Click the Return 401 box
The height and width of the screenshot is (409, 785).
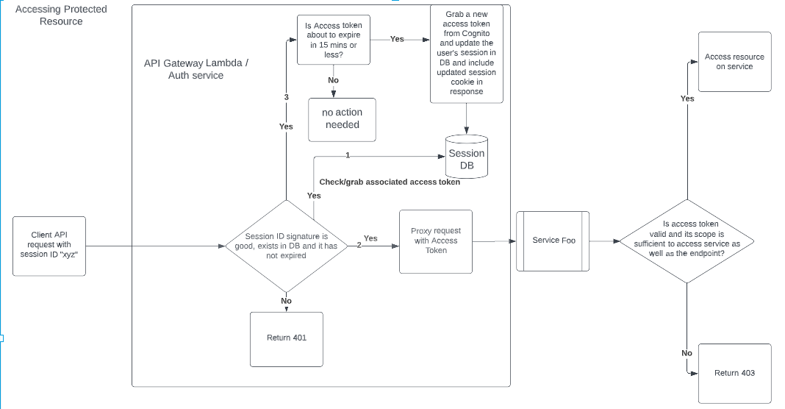[x=287, y=338]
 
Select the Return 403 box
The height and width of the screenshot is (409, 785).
[x=734, y=373]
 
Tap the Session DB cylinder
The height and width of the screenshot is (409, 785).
[x=467, y=158]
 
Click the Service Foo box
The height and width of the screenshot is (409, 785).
[x=553, y=241]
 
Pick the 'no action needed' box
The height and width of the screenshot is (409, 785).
[x=342, y=119]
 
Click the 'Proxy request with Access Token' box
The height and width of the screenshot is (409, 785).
[x=435, y=241]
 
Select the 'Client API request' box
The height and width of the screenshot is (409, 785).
[x=50, y=246]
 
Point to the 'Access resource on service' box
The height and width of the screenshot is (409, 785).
[x=734, y=62]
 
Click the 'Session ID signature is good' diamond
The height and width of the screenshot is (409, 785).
[x=286, y=246]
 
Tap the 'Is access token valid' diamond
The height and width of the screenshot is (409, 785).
[x=687, y=240]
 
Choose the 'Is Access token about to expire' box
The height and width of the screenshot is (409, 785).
[x=333, y=40]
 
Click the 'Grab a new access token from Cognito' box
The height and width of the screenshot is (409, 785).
[x=466, y=53]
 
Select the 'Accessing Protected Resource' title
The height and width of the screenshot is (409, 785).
[x=61, y=15]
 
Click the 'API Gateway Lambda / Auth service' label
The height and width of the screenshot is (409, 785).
[x=196, y=69]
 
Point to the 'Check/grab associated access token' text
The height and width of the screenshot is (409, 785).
[x=390, y=182]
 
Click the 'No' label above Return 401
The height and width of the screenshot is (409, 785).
[x=286, y=301]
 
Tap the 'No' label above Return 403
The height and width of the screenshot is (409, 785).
[x=687, y=353]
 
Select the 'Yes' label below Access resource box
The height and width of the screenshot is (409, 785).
[x=687, y=99]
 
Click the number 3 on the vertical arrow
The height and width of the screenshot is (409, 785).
[x=286, y=97]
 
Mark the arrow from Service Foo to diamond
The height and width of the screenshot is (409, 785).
[x=605, y=241]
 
